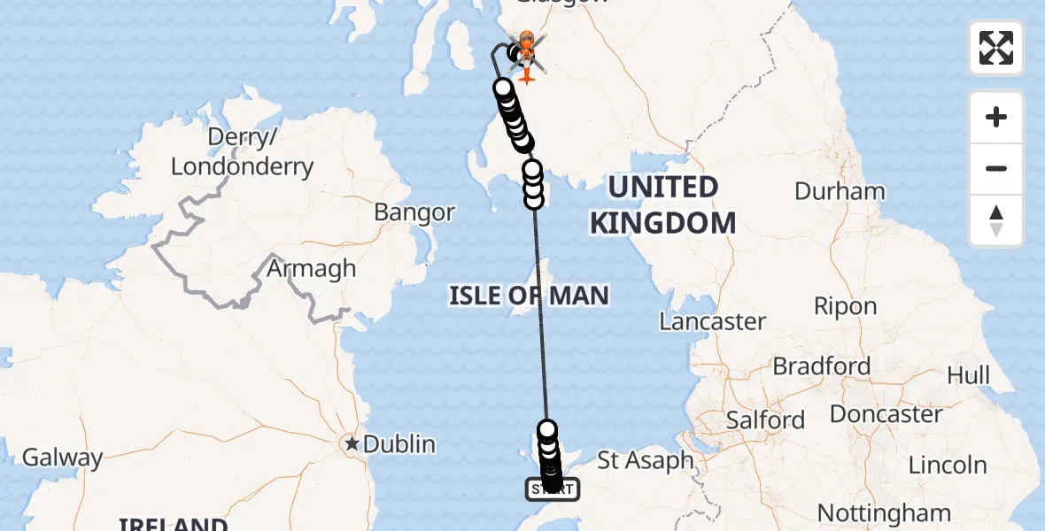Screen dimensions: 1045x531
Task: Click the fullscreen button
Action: pyautogui.click(x=996, y=48)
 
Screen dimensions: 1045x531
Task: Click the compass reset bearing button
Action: pyautogui.click(x=996, y=221)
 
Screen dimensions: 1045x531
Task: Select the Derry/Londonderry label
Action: pyautogui.click(x=242, y=152)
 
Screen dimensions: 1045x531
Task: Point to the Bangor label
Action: pyautogui.click(x=414, y=212)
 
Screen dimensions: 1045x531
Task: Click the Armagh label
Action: pyautogui.click(x=312, y=268)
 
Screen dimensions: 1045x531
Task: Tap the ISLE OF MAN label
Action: pyautogui.click(x=529, y=295)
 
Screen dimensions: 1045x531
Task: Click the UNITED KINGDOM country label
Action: pyautogui.click(x=662, y=204)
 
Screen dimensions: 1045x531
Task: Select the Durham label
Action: pyautogui.click(x=840, y=191)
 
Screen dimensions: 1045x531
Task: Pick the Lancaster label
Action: pyautogui.click(x=713, y=321)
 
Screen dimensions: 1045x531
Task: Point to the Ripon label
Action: pyautogui.click(x=846, y=307)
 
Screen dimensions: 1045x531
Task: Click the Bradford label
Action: pyautogui.click(x=821, y=366)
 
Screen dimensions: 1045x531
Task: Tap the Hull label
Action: pyautogui.click(x=968, y=374)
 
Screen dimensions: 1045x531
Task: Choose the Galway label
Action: pyautogui.click(x=62, y=458)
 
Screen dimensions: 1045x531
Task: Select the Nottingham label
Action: pyautogui.click(x=884, y=512)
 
